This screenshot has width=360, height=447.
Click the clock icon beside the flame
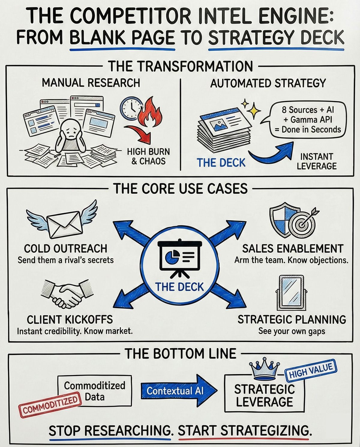point(131,107)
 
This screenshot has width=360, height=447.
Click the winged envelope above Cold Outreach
point(62,221)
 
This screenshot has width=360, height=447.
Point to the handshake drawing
point(67,294)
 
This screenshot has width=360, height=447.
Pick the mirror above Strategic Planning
point(290,292)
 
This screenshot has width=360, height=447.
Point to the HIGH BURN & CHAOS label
point(148,156)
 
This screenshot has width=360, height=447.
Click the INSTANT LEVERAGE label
point(316,161)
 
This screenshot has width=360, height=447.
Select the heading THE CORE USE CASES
point(181,189)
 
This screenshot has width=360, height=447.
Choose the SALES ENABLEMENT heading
point(292,249)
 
